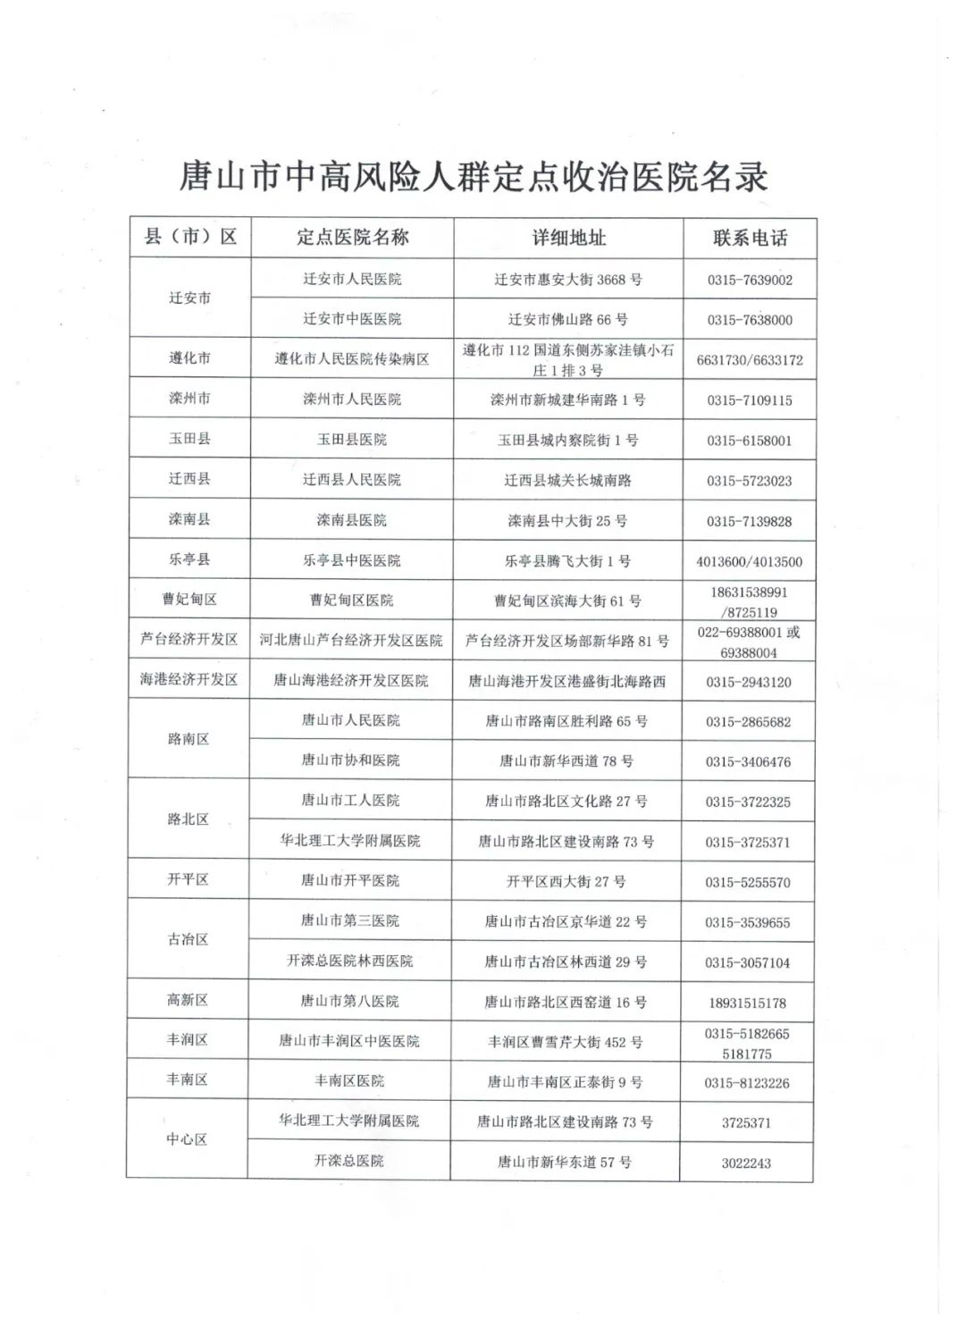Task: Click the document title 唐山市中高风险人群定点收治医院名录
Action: click(474, 176)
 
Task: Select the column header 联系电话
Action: click(750, 238)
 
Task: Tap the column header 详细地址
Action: click(569, 238)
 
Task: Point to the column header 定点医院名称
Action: click(352, 237)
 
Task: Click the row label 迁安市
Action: click(189, 298)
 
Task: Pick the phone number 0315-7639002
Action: click(750, 280)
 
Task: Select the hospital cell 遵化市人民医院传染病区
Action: click(351, 358)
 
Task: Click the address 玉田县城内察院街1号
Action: click(568, 440)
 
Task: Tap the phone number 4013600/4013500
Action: click(750, 561)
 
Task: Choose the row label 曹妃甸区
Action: click(189, 600)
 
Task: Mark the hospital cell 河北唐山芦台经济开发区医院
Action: click(351, 640)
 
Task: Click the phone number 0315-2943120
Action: click(749, 682)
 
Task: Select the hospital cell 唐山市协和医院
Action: click(350, 760)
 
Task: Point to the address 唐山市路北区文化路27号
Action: click(566, 801)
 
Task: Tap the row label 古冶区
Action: click(188, 939)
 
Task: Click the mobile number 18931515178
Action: click(747, 1003)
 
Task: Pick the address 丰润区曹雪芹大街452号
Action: click(566, 1042)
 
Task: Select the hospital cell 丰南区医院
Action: click(349, 1080)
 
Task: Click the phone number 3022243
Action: click(746, 1163)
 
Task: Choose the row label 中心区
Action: click(187, 1139)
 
